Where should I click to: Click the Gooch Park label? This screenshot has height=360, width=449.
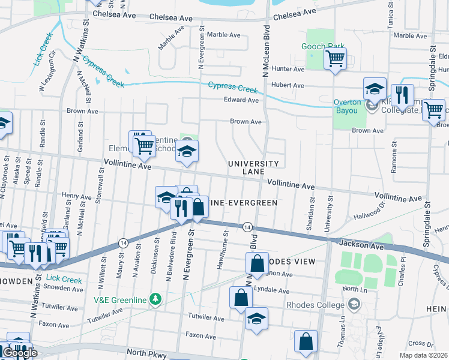[x=326, y=47]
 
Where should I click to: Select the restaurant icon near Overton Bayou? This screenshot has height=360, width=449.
[x=401, y=95]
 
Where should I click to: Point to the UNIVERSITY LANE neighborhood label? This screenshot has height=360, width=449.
[x=253, y=167]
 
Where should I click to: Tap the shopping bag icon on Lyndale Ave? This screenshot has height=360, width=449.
[x=241, y=297]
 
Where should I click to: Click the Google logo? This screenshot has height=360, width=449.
[x=19, y=353]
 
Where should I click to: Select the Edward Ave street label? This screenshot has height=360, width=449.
[x=241, y=100]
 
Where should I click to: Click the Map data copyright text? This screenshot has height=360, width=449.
[x=423, y=355]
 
